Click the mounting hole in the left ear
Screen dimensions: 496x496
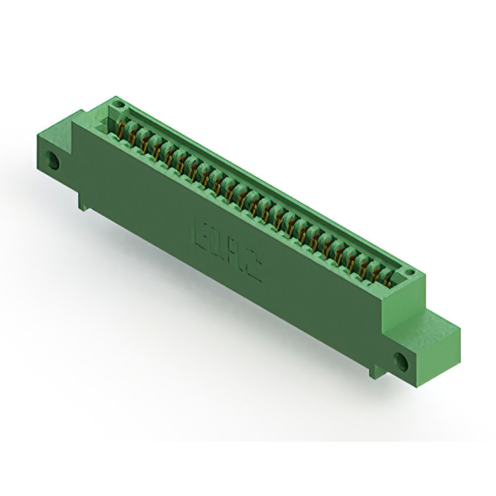54,163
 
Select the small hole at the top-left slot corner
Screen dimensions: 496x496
118,103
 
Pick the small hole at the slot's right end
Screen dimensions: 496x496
409,270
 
